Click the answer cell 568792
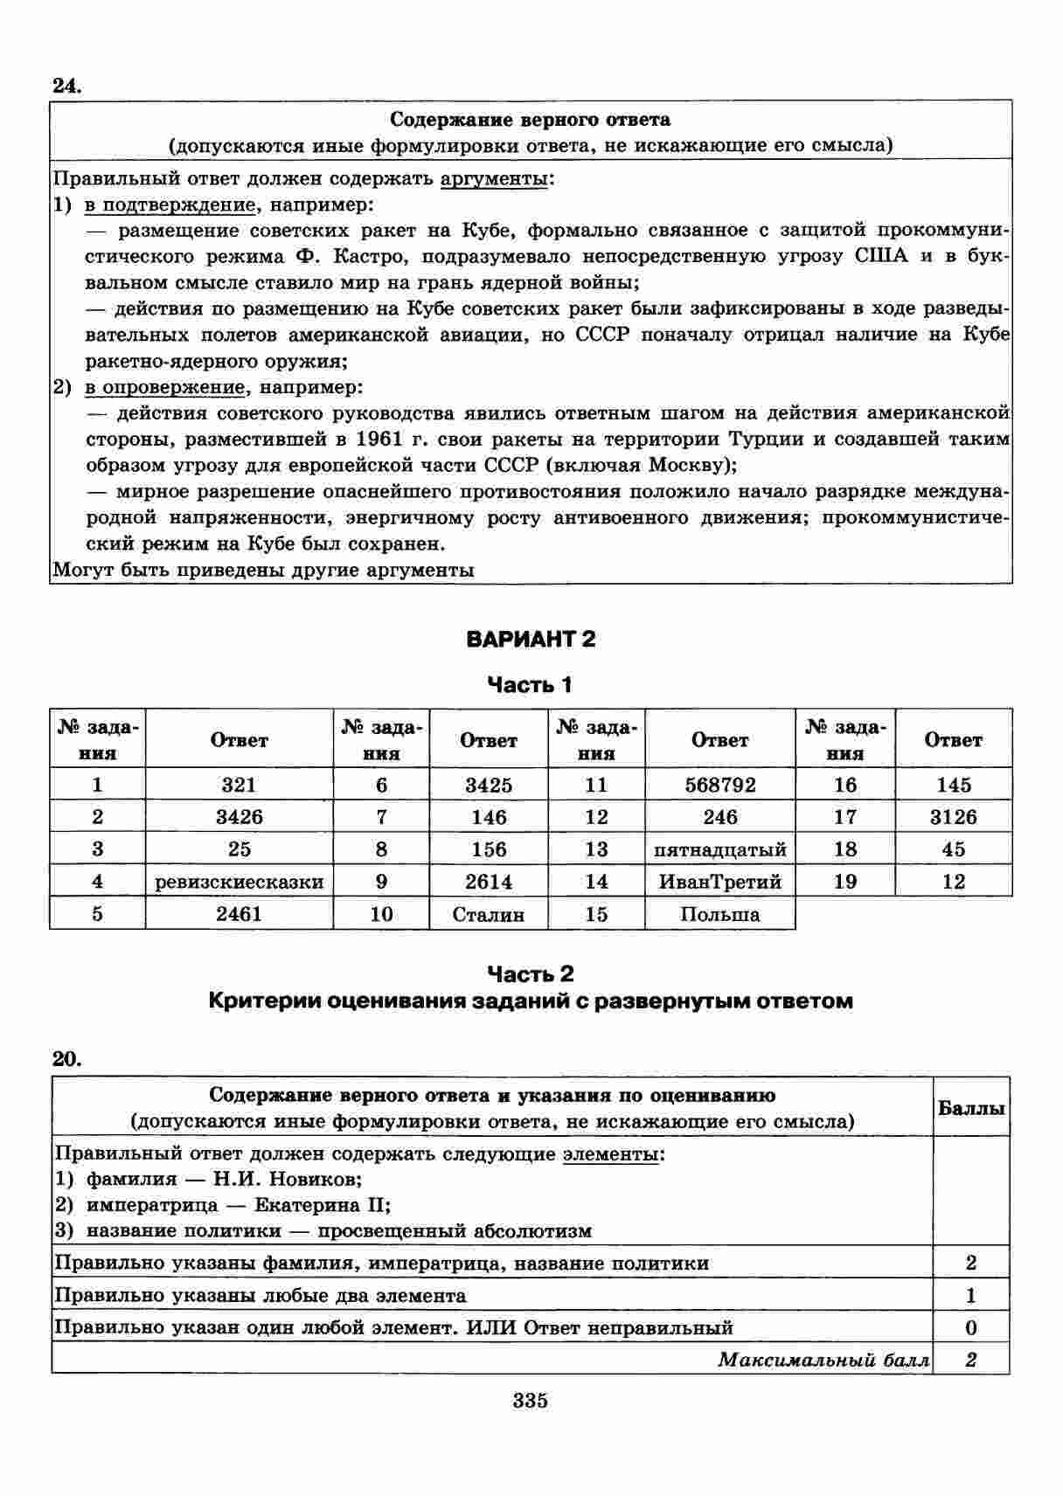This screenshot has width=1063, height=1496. pyautogui.click(x=719, y=785)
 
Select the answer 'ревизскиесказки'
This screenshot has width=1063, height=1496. pyautogui.click(x=239, y=882)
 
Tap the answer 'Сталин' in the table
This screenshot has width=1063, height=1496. pyautogui.click(x=489, y=914)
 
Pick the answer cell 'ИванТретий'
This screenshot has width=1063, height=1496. pyautogui.click(x=719, y=882)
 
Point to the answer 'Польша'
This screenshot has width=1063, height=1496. pyautogui.click(x=719, y=914)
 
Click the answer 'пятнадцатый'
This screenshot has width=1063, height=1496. pyautogui.click(x=719, y=849)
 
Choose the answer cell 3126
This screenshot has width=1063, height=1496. pyautogui.click(x=953, y=817)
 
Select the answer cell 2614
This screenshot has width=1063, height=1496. pyautogui.click(x=489, y=882)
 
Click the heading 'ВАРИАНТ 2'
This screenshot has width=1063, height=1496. pyautogui.click(x=531, y=639)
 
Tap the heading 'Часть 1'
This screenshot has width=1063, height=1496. pyautogui.click(x=530, y=685)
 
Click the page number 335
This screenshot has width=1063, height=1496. pyautogui.click(x=531, y=1401)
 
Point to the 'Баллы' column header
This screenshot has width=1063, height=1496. pyautogui.click(x=971, y=1108)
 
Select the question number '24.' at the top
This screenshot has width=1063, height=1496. pyautogui.click(x=66, y=85)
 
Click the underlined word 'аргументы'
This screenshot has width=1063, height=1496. pyautogui.click(x=495, y=179)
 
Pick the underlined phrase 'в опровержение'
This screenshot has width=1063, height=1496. pyautogui.click(x=164, y=387)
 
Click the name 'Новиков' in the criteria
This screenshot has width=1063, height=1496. pyautogui.click(x=318, y=1180)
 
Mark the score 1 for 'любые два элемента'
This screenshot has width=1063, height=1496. pyautogui.click(x=971, y=1296)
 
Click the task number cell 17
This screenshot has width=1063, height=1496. pyautogui.click(x=844, y=817)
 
